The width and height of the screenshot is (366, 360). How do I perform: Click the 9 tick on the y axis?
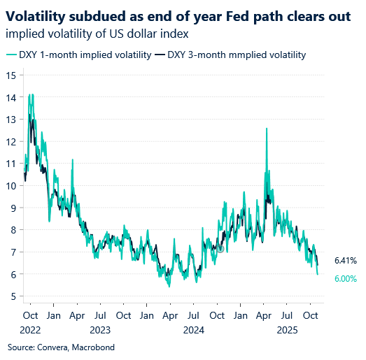12,208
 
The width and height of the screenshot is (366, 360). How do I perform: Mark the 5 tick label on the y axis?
12,296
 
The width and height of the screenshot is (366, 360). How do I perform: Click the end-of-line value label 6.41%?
346,261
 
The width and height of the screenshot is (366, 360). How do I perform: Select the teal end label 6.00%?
346,278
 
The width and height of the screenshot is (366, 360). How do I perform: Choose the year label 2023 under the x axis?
100,329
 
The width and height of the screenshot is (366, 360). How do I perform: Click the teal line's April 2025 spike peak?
266,129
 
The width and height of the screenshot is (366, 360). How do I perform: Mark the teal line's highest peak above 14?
29,94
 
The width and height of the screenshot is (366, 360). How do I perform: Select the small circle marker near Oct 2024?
220,248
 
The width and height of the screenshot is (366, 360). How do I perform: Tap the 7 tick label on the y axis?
12,252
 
